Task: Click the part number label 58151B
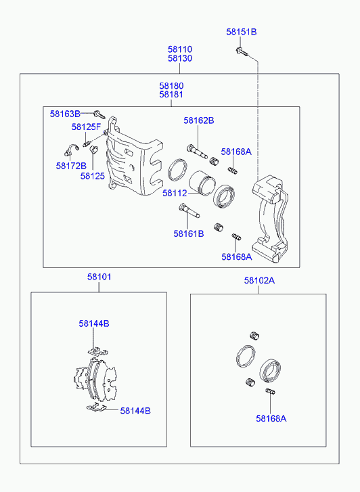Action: tap(242, 32)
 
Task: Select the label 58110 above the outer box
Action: tap(180, 49)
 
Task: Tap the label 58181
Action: tap(171, 95)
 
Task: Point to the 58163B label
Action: tap(65, 114)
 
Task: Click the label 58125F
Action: tap(86, 127)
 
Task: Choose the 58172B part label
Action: tap(71, 166)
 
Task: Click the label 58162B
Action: tap(199, 120)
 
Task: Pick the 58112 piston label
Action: tap(175, 194)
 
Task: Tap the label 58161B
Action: tap(189, 233)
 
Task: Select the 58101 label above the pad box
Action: tap(99, 277)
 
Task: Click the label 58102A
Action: tap(259, 281)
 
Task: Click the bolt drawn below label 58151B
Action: tap(242, 52)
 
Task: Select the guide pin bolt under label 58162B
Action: tap(197, 151)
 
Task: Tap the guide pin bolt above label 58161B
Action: tap(189, 211)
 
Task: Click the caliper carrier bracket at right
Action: tap(270, 219)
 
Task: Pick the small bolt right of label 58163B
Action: tap(99, 115)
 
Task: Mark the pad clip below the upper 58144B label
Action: tap(97, 351)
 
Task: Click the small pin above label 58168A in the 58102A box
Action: tap(271, 392)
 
